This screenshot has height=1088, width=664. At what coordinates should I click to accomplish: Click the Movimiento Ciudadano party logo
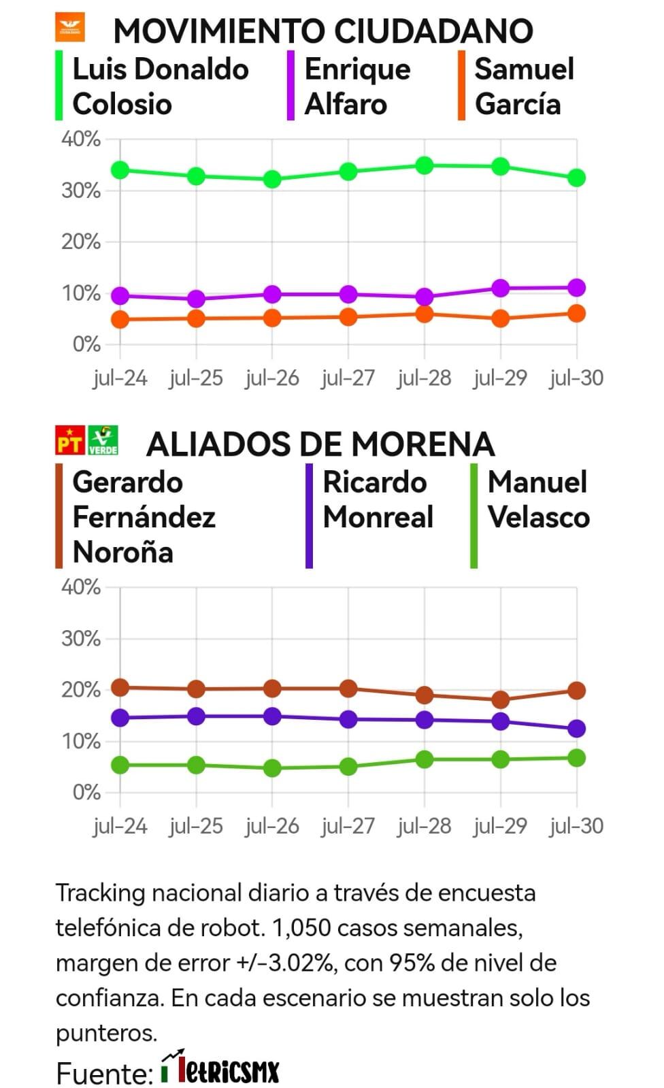[x=70, y=27]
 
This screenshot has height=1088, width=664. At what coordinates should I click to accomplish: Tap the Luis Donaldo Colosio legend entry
[x=160, y=86]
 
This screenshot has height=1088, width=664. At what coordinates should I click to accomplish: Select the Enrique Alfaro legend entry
[x=357, y=86]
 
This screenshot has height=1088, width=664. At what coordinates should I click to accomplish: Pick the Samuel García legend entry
[x=524, y=86]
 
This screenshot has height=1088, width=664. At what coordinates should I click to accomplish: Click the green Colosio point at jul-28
[x=425, y=165]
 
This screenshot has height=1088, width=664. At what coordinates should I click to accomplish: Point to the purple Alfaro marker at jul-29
[x=501, y=288]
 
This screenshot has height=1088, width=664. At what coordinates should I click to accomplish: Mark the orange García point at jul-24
[x=120, y=319]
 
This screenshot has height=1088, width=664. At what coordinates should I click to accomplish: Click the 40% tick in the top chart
[x=81, y=139]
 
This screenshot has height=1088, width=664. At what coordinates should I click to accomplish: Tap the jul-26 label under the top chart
[x=272, y=378]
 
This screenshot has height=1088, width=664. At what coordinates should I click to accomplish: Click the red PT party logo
[x=70, y=440]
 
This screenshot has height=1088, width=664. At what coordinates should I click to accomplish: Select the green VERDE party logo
[x=103, y=440]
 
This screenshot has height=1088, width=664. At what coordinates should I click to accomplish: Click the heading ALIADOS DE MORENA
[x=320, y=444]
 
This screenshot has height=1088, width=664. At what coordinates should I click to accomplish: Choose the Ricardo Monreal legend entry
[x=378, y=499]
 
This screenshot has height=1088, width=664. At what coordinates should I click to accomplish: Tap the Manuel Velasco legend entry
[x=537, y=499]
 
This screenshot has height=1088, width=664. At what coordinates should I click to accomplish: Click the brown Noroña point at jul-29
[x=501, y=699]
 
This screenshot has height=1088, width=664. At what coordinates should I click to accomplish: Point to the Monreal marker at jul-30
[x=577, y=729]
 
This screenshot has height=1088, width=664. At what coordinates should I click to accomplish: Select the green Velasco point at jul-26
[x=272, y=768]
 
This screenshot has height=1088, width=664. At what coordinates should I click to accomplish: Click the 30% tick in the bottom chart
[x=81, y=638]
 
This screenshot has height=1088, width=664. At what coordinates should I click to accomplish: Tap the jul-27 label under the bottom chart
[x=348, y=826]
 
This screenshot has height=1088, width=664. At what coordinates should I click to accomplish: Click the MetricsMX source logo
[x=221, y=1070]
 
